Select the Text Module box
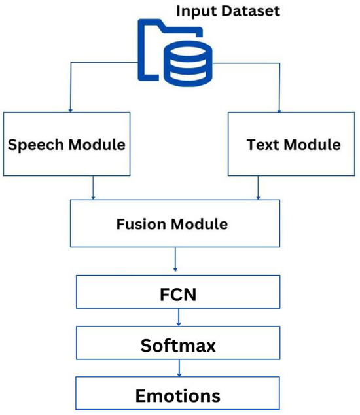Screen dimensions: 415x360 [x=293, y=143]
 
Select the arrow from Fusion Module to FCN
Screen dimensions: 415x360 [x=175, y=262]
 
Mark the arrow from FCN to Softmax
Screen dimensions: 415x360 [x=179, y=319]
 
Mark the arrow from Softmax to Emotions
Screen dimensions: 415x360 [x=179, y=370]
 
